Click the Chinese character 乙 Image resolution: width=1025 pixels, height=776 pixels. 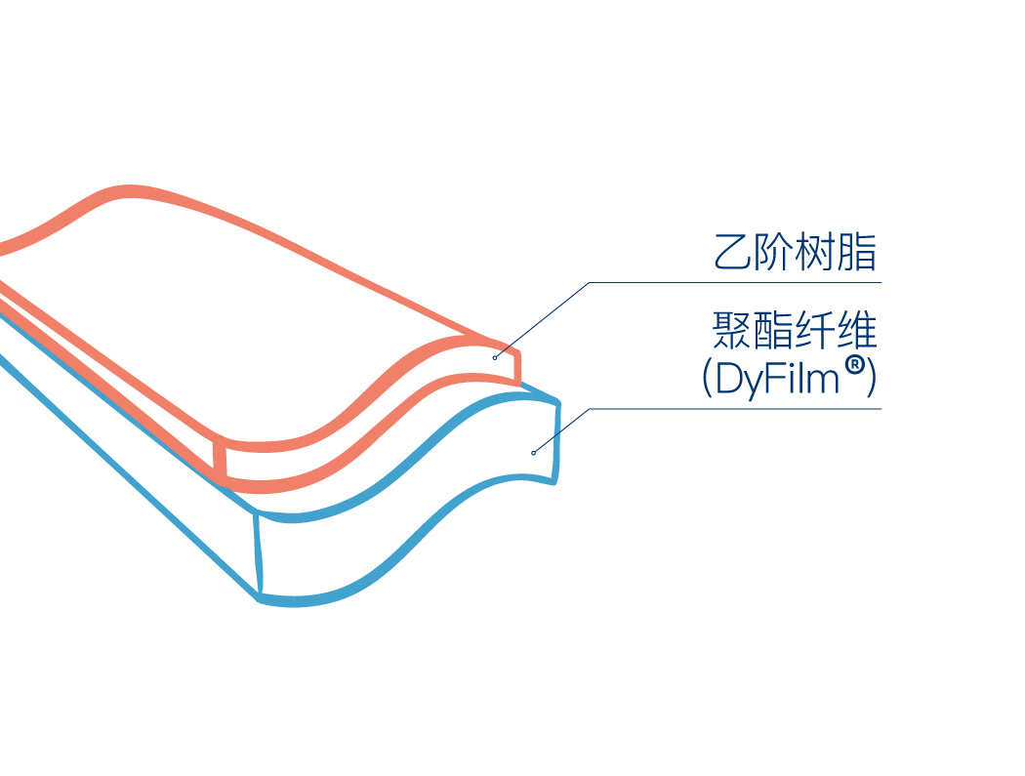click(733, 252)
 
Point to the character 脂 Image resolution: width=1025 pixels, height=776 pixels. click(856, 252)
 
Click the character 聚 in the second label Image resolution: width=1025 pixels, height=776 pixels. click(732, 330)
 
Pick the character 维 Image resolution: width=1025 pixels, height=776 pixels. click(856, 330)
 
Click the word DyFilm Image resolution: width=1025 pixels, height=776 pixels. click(777, 379)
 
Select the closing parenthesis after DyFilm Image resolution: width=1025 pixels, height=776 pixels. click(870, 379)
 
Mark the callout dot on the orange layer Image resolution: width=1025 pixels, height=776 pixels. click(495, 357)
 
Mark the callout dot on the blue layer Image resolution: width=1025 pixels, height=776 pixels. click(533, 453)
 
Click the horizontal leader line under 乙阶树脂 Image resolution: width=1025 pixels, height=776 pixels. click(735, 282)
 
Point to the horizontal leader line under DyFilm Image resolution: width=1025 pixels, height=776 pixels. click(735, 409)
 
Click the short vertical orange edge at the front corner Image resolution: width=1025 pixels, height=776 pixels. click(221, 463)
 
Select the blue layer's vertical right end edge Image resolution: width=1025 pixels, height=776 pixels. click(557, 442)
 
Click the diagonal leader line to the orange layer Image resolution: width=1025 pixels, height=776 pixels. click(542, 320)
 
